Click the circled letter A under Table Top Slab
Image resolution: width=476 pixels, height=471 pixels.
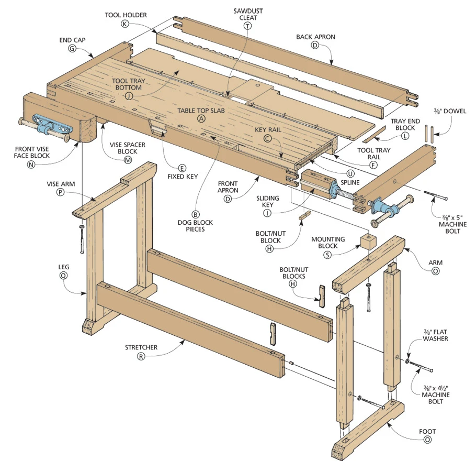(x=201, y=119)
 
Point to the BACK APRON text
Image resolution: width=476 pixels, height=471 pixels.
(x=315, y=37)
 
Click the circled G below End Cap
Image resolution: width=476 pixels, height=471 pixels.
(x=72, y=48)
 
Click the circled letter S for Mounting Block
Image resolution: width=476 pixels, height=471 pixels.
(x=327, y=255)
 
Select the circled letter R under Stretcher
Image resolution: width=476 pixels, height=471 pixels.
(x=141, y=356)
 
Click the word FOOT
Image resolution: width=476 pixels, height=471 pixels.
(x=427, y=431)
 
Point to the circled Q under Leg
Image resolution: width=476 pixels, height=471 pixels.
(x=64, y=276)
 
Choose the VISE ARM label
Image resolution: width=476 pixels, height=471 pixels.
(x=61, y=183)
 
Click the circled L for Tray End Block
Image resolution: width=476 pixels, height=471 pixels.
(x=405, y=136)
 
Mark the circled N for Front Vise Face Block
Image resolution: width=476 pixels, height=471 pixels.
(x=31, y=164)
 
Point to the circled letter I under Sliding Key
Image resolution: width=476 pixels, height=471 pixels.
(x=267, y=213)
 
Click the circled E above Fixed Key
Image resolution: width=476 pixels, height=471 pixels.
(x=182, y=168)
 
